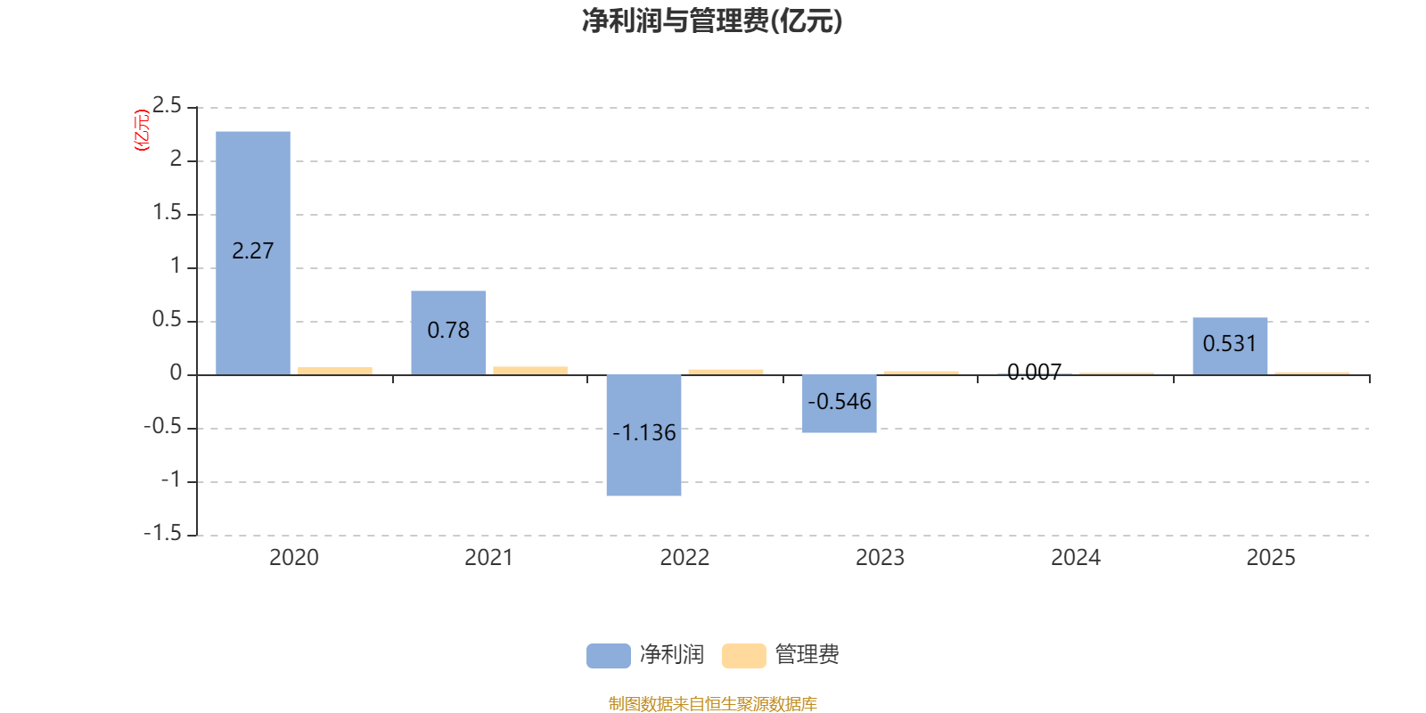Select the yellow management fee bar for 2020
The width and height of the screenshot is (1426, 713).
pos(335,370)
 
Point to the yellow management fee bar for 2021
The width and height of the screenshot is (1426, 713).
pos(530,370)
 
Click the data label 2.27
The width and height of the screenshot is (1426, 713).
pos(253,251)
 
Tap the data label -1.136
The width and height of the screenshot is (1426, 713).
pos(643,433)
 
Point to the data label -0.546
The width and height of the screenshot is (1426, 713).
pos(840,402)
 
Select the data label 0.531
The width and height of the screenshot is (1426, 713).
pos(1230,344)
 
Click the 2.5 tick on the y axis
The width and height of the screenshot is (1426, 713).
pos(167,107)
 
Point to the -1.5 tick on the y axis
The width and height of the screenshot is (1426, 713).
pos(162,534)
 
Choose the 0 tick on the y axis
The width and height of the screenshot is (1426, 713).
pos(176,374)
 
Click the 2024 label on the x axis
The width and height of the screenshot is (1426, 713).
pos(1076,558)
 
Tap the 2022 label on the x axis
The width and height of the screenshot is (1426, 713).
pos(684,558)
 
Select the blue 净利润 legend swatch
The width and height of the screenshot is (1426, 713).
pos(608,656)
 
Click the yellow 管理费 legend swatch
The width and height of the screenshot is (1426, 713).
pos(743,656)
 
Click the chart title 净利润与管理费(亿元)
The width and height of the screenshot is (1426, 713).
pos(711,20)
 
